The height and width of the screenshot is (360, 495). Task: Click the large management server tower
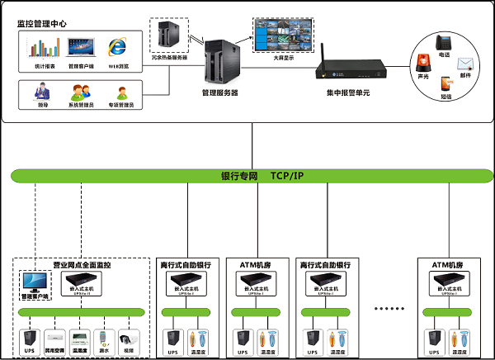219,60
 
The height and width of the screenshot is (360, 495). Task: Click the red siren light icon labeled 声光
423,64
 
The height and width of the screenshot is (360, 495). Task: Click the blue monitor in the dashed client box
35,283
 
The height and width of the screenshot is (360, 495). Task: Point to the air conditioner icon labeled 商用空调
54,339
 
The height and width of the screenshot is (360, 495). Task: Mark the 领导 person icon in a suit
42,92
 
